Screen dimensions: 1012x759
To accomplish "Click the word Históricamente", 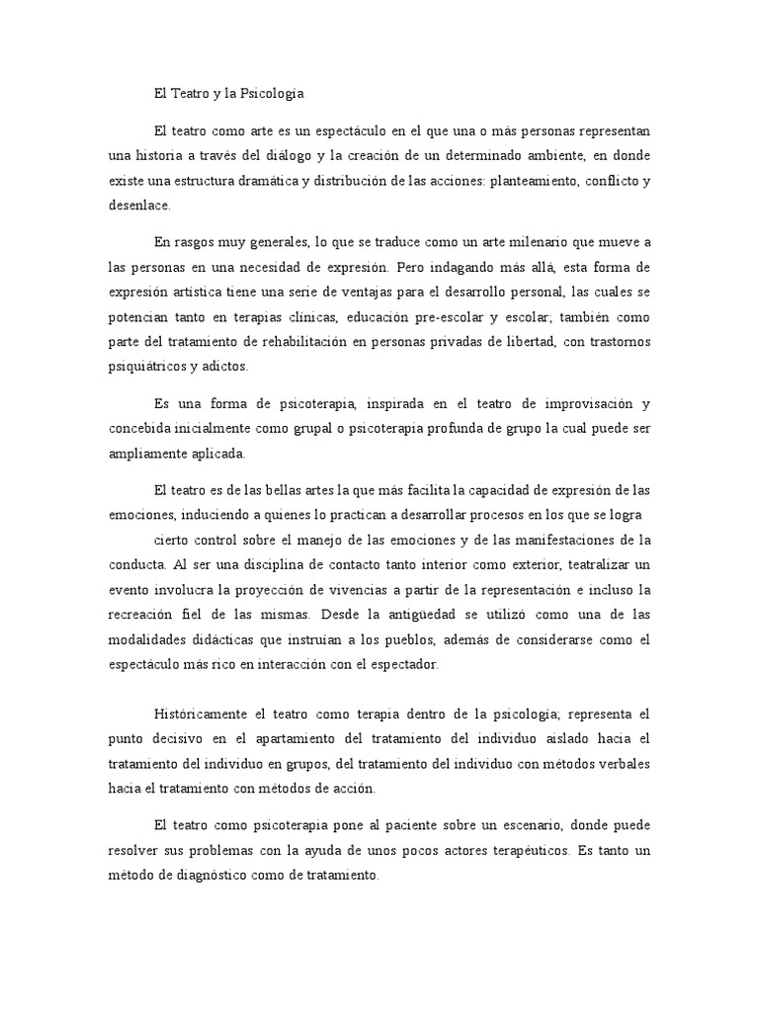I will tap(202, 714).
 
